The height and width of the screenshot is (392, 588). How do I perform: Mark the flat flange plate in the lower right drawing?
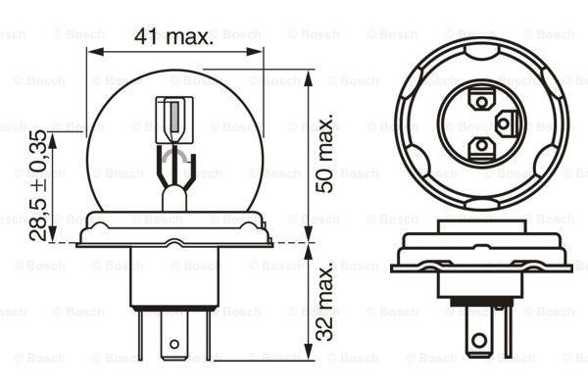pyautogui.click(x=480, y=263)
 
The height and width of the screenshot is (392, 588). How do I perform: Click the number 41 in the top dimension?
pyautogui.click(x=146, y=37)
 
